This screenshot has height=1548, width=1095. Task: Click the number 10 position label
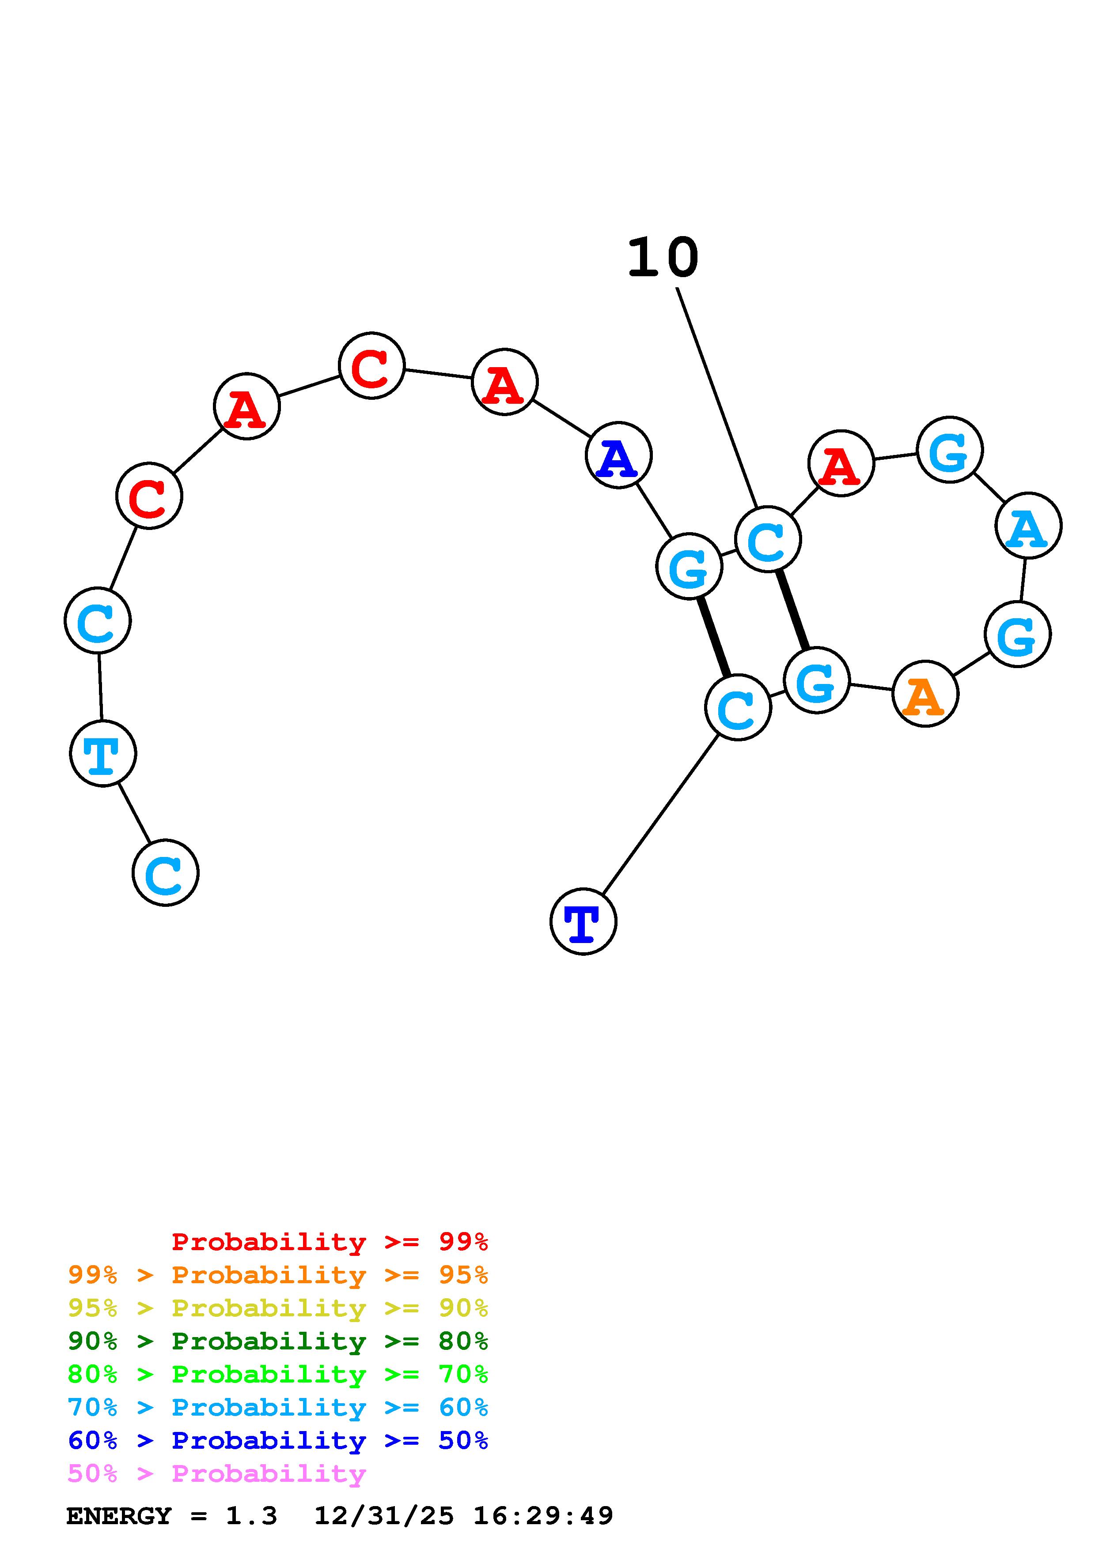click(663, 258)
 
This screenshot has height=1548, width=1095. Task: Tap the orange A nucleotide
click(925, 694)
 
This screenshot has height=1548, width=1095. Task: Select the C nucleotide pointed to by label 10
click(768, 539)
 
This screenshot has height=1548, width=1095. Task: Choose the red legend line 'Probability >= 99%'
click(330, 1242)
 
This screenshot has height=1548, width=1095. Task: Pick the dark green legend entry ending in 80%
click(278, 1341)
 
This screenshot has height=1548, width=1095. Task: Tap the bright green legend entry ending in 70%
click(278, 1374)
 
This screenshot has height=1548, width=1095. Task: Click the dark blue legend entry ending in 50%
click(278, 1440)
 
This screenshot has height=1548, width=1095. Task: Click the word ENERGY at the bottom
click(119, 1516)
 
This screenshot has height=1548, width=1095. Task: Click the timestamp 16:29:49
click(543, 1516)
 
